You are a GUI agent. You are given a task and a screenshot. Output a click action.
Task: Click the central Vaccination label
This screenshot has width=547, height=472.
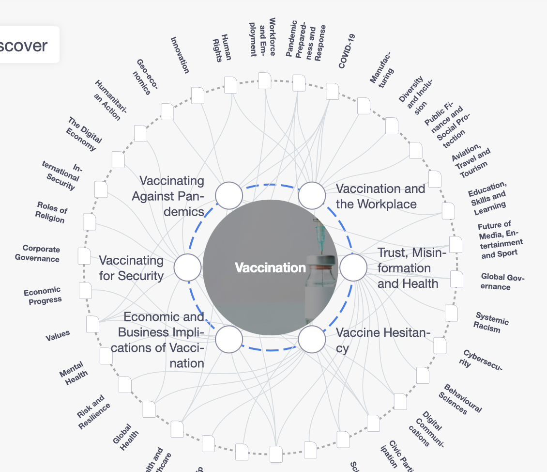[270, 267]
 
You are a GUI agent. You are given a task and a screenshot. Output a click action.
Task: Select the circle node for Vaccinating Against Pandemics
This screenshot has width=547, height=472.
[229, 196]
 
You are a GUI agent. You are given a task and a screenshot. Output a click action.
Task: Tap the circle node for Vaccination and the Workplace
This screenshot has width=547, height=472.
[312, 196]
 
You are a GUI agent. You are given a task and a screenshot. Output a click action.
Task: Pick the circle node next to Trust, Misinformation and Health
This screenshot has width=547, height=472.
[353, 267]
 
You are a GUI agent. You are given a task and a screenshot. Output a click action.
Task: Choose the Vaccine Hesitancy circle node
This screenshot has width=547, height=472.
[312, 339]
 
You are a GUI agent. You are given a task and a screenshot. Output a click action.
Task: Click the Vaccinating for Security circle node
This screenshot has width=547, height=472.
[187, 267]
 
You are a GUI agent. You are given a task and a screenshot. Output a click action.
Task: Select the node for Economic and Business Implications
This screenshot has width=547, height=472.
[229, 339]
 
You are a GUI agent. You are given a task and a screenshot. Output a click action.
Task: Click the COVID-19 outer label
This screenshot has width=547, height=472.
[347, 51]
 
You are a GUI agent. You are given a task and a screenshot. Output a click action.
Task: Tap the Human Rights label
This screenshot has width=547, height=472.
[221, 48]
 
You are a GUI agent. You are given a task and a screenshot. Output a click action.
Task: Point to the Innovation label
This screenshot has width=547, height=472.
[180, 55]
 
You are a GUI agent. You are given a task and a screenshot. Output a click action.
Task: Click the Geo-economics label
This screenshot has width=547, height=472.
[145, 77]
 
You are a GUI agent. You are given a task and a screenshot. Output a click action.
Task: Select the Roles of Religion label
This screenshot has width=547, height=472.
[51, 212]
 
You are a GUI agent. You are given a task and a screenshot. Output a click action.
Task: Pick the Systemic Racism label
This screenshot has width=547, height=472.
[491, 322]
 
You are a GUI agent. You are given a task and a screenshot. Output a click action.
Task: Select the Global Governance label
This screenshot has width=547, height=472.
[502, 282]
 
